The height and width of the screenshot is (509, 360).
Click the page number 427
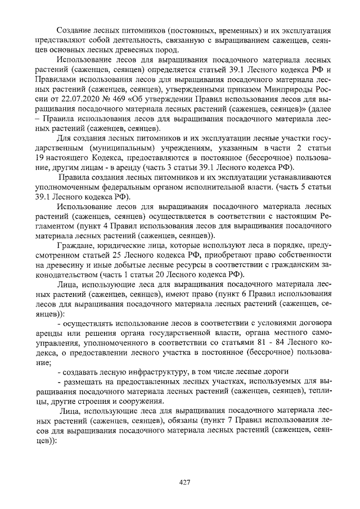coord(183,482)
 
